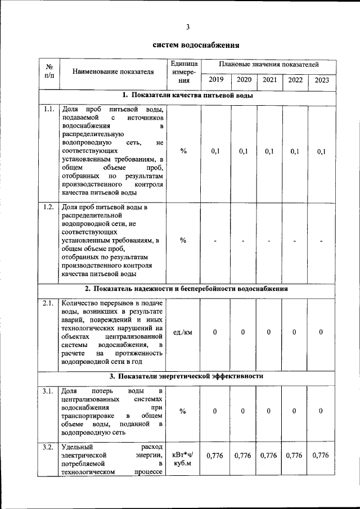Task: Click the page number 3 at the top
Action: pyautogui.click(x=188, y=26)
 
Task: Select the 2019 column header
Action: pyautogui.click(x=215, y=80)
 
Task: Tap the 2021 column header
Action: pyautogui.click(x=269, y=80)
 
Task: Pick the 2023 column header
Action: pyautogui.click(x=322, y=80)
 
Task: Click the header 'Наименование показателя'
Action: pyautogui.click(x=113, y=71)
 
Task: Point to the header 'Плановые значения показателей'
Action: pyautogui.click(x=269, y=65)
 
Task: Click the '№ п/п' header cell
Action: pyautogui.click(x=48, y=71)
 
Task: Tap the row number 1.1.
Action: pyautogui.click(x=48, y=109)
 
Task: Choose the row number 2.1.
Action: pyautogui.click(x=48, y=304)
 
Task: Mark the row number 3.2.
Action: pyautogui.click(x=48, y=448)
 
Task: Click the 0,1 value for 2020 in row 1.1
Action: pyautogui.click(x=243, y=151)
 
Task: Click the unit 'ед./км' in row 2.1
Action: pyautogui.click(x=183, y=332)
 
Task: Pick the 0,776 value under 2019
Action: pyautogui.click(x=215, y=456)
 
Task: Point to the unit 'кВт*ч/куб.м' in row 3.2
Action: pyautogui.click(x=183, y=459)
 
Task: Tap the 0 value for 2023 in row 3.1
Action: pyautogui.click(x=321, y=411)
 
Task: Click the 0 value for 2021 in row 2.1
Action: pyautogui.click(x=269, y=332)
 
